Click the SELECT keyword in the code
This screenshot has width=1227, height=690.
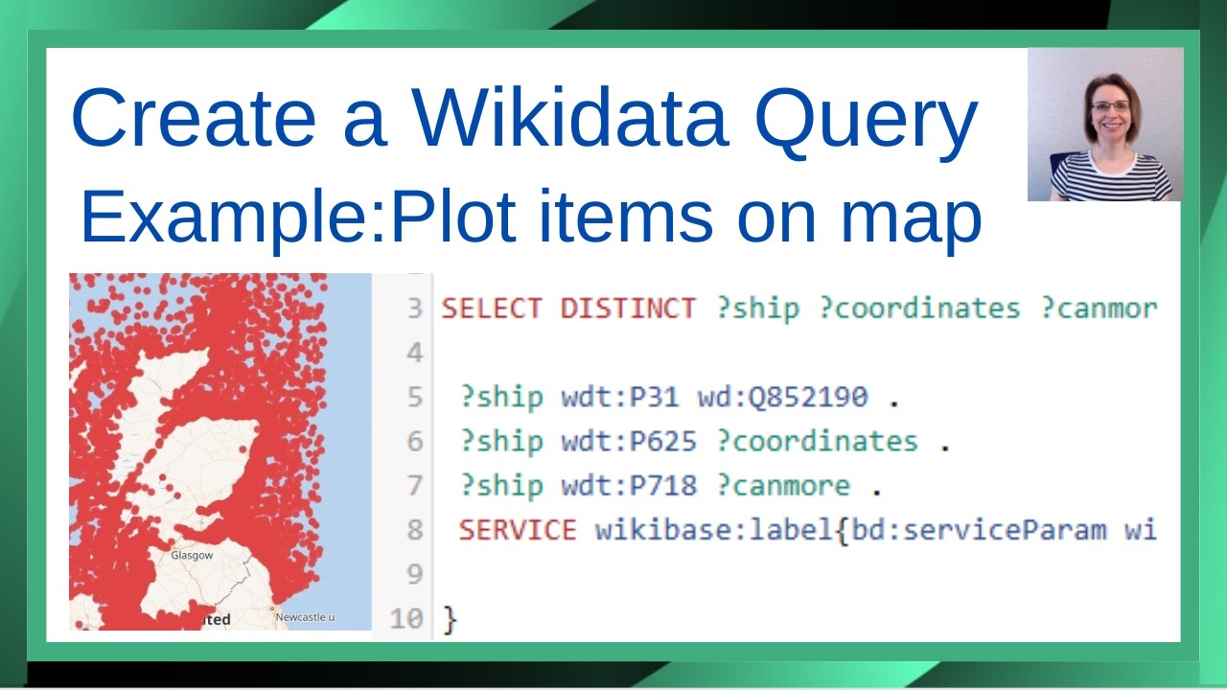tap(491, 309)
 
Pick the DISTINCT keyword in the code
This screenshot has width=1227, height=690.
tap(628, 309)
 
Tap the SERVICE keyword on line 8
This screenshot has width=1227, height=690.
tap(518, 529)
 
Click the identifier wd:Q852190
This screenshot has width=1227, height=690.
tap(782, 397)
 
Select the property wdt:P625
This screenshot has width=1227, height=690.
tap(629, 441)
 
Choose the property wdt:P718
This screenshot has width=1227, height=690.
tap(629, 485)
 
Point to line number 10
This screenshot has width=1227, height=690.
tap(406, 618)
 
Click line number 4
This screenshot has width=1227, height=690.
tap(414, 353)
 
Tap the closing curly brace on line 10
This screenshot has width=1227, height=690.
tap(451, 619)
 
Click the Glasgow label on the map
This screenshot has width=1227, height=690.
tap(192, 555)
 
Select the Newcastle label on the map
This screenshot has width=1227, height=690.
tap(305, 617)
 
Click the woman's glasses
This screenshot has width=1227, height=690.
tap(1110, 106)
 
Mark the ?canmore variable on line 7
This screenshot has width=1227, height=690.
tap(783, 485)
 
